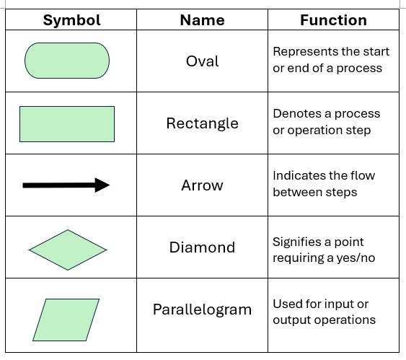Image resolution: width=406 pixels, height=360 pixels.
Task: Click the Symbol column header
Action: (x=71, y=20)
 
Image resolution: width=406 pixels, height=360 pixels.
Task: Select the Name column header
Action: (x=202, y=20)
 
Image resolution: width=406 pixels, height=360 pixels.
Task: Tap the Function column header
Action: (x=333, y=20)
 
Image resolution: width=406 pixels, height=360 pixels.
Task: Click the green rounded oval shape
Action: (x=67, y=61)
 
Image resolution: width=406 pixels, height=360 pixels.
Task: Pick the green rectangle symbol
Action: (x=67, y=124)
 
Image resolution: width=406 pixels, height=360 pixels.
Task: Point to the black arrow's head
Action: (x=102, y=185)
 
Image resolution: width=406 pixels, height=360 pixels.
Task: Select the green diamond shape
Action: (x=68, y=250)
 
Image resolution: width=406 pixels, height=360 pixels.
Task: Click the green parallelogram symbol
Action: (x=66, y=320)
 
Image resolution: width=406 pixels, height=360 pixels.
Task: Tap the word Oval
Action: (x=202, y=61)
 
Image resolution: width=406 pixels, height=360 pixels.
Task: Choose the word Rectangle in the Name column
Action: (x=202, y=123)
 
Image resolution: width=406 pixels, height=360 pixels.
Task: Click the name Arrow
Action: (x=202, y=185)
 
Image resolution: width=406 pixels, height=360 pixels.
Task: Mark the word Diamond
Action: (x=202, y=247)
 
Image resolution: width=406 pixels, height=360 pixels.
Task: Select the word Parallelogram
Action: (x=202, y=309)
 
